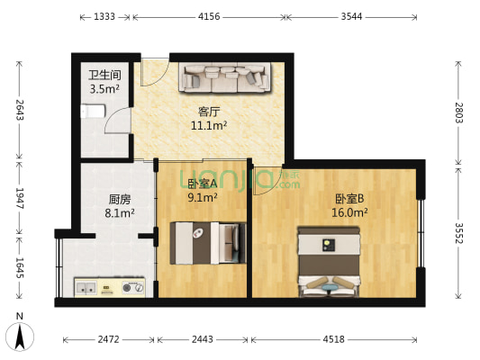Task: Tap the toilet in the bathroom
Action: pos(91,113)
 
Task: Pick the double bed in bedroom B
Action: pos(329,260)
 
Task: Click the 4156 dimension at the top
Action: pos(209,17)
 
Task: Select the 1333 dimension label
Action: pos(104,17)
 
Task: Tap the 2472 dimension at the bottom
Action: pos(109,339)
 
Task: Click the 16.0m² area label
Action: pos(350,213)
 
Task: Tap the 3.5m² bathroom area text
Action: pos(104,89)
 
